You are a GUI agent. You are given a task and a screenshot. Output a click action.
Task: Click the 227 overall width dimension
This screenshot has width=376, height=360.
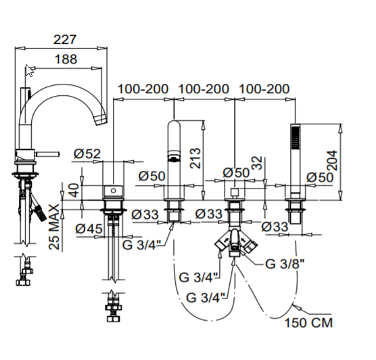[65, 40]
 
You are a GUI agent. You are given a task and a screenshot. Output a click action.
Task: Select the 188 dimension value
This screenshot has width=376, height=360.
[66, 59]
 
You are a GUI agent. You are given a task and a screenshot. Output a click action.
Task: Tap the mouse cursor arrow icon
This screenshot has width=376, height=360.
[30, 71]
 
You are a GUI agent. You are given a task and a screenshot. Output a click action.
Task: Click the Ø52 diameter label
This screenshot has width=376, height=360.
[87, 153]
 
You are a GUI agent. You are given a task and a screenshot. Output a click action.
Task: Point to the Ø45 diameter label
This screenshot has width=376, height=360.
[89, 228]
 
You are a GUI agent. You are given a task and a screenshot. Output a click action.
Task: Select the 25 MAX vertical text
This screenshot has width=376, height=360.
[54, 226]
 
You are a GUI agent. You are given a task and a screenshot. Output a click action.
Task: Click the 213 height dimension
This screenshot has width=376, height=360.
[195, 158]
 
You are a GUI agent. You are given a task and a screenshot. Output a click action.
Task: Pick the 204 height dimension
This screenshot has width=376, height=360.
[332, 161]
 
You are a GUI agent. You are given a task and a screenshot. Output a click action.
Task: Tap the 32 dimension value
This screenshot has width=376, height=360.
[258, 163]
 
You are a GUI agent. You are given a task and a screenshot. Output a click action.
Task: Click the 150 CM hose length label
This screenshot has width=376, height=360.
[308, 322]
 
